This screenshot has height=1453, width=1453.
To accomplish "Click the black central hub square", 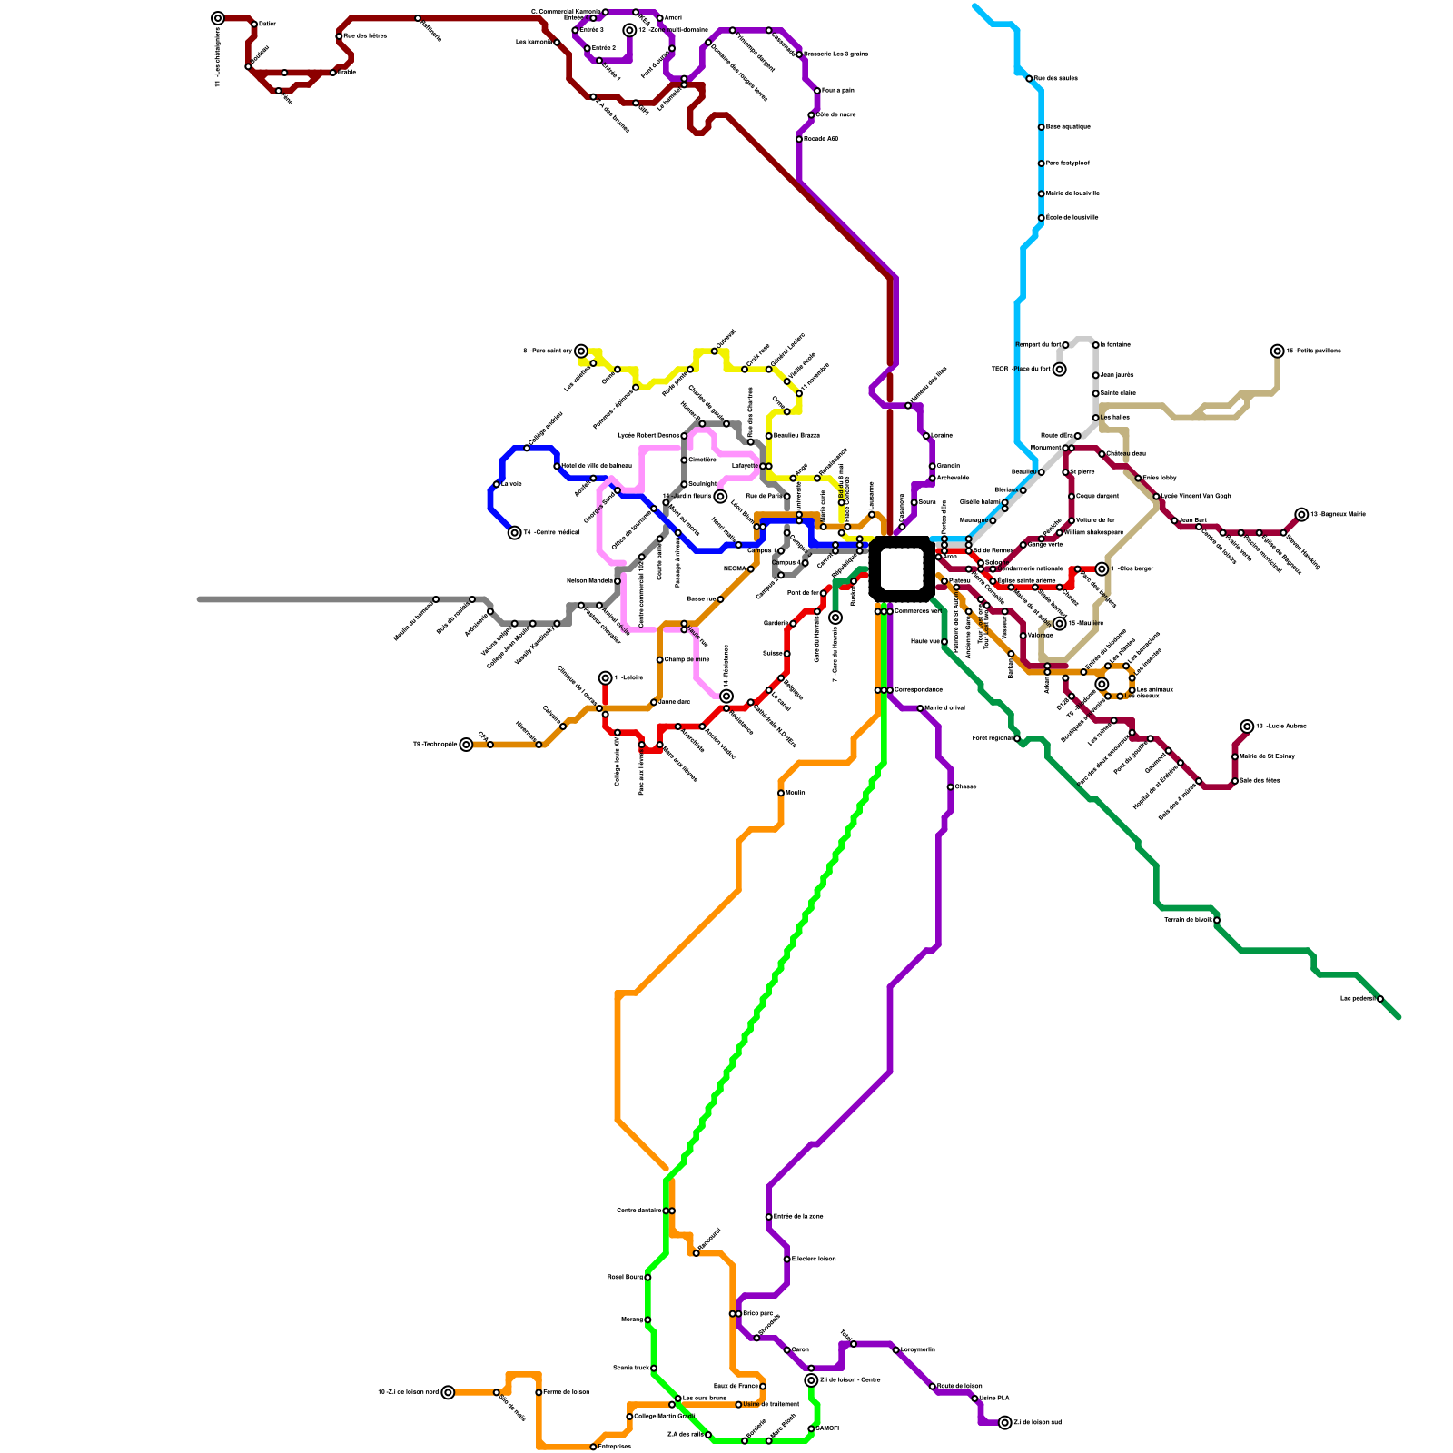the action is (901, 569).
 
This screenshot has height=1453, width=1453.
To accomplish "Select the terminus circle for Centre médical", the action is (515, 533).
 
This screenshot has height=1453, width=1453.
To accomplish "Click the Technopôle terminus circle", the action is (466, 745).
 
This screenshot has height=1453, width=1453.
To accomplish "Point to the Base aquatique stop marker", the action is (1041, 127).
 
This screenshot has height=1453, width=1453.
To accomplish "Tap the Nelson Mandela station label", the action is (589, 580).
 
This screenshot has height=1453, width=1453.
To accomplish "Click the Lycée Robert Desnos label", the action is (648, 436).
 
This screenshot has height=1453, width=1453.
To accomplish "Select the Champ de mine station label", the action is (687, 659).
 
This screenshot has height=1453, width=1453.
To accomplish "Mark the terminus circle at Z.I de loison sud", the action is (1004, 1423).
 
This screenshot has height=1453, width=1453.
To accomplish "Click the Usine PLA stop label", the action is (994, 1398).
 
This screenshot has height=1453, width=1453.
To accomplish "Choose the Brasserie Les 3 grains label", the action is (835, 54).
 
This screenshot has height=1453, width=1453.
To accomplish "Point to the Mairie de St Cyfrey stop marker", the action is (1235, 756).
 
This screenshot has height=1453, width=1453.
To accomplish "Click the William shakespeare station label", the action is (1094, 532).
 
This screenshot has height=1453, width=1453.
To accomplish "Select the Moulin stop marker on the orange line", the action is (781, 793).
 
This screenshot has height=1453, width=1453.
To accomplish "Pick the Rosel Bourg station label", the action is (625, 1277).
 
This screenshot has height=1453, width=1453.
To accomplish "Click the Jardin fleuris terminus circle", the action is (720, 497).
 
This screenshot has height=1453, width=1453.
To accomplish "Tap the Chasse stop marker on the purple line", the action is (950, 787).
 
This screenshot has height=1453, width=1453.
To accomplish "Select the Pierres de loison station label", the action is (566, 1392).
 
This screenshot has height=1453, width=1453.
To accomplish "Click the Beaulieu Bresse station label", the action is (796, 436).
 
